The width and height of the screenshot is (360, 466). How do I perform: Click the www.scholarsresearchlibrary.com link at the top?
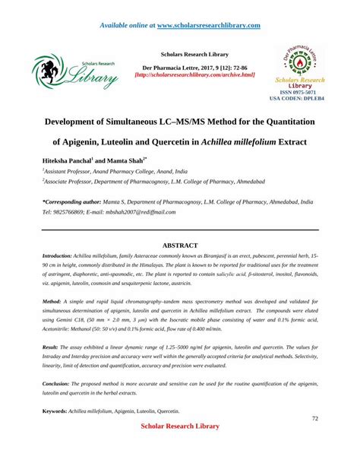204,25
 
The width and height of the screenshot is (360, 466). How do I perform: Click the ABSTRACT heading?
180,246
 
